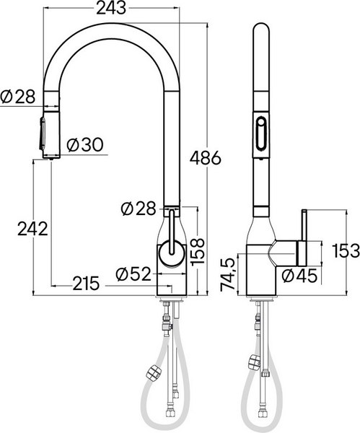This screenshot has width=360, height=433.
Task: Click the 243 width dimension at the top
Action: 111,9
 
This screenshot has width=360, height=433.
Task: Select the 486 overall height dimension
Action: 206,157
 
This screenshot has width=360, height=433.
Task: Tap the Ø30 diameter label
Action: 84,144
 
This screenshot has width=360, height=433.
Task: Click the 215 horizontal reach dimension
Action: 86,284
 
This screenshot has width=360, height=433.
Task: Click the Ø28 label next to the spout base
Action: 139,209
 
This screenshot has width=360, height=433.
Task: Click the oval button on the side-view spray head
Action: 260,134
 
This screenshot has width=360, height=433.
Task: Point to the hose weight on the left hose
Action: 153,372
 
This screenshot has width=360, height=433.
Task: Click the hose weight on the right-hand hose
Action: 253,361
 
